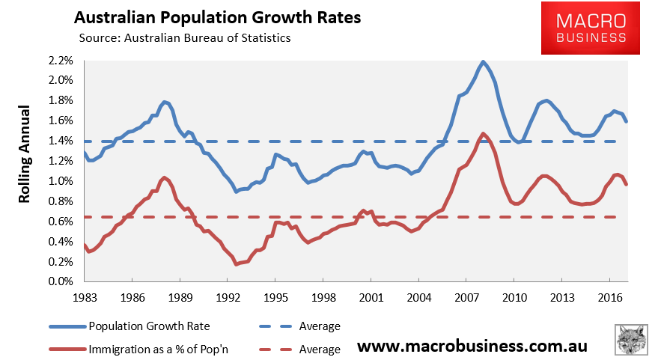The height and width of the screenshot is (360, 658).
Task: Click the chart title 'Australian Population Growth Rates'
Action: click(x=217, y=16)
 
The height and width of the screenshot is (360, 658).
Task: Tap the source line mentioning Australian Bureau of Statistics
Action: click(x=184, y=37)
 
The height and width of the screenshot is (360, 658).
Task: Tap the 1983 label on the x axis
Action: click(x=85, y=297)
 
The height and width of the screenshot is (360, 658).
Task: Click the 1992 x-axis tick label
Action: click(x=228, y=297)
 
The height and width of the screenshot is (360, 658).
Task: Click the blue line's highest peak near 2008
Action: click(x=484, y=62)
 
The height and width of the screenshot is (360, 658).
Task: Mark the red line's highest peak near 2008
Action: click(x=483, y=134)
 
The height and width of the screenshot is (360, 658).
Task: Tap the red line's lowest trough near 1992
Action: click(x=237, y=264)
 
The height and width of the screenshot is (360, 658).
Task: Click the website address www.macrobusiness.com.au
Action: click(x=472, y=347)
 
